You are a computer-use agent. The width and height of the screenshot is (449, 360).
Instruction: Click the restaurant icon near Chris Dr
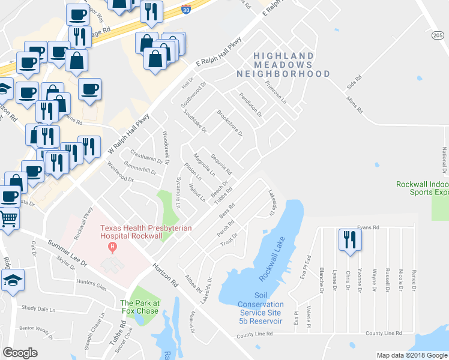347,239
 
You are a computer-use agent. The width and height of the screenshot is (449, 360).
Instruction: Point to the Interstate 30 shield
186,9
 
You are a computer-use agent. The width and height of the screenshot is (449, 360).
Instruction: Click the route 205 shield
437,36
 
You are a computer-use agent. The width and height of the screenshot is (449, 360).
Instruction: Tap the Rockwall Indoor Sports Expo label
422,188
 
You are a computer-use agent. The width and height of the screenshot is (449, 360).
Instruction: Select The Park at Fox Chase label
140,307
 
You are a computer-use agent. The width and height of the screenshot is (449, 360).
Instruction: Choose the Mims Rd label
355,106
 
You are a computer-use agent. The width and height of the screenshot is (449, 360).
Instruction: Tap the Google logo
20,353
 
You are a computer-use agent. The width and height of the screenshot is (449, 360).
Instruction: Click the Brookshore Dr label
229,123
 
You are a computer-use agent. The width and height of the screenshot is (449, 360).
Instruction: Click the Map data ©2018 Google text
411,355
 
